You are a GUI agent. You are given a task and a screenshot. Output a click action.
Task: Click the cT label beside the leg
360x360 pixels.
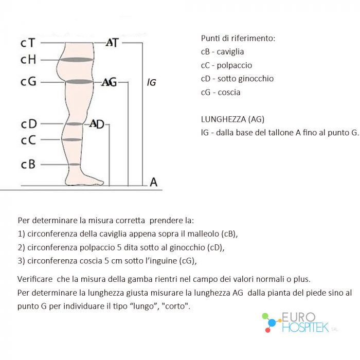(28, 43)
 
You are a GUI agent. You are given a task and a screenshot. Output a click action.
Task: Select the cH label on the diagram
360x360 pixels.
(28, 60)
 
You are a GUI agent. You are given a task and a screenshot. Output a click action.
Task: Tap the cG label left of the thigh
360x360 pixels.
(28, 81)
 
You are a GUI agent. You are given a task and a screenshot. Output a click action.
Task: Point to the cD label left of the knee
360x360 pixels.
(29, 124)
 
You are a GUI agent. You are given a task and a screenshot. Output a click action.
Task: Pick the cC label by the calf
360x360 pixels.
(28, 140)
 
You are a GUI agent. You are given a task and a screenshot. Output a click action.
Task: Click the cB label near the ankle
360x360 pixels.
(28, 165)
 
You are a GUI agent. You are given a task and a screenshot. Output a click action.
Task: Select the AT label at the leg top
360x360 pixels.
(112, 43)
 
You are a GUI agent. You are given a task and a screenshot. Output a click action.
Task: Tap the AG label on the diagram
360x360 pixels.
(109, 82)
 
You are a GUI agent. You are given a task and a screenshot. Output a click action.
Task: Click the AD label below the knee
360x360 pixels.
(97, 124)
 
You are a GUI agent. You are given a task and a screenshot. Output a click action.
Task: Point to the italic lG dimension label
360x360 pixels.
(152, 82)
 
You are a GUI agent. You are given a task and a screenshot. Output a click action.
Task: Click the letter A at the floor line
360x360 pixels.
(154, 182)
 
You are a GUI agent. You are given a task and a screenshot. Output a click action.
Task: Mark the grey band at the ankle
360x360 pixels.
(74, 165)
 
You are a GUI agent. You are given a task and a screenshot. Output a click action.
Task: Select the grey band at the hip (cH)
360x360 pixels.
(77, 60)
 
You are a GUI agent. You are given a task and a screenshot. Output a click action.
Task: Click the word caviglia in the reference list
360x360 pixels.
(230, 51)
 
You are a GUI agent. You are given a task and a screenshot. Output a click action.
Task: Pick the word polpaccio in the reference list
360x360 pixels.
(235, 65)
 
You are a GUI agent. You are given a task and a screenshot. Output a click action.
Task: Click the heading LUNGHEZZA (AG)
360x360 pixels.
(232, 119)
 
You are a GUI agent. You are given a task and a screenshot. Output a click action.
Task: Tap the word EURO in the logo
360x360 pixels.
(298, 317)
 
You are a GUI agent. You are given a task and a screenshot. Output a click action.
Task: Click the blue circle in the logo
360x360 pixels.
(272, 322)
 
